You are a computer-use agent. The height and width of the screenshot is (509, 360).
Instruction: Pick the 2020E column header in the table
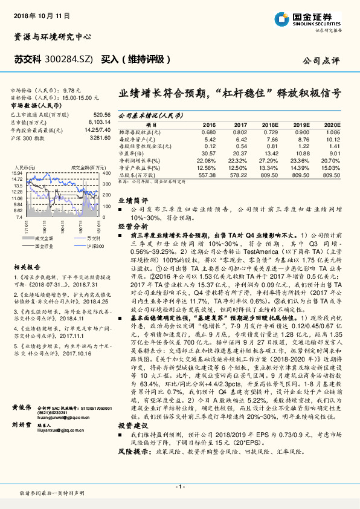pyautogui.click(x=332, y=123)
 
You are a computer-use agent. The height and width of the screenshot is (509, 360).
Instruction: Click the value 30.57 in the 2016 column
pyautogui.click(x=207, y=153)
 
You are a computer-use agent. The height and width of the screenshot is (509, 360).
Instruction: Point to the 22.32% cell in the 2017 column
pyautogui.click(x=240, y=160)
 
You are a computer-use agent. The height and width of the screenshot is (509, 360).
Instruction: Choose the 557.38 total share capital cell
pyautogui.click(x=207, y=174)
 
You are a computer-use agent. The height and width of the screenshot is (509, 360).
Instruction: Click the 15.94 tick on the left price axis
pyautogui.click(x=16, y=173)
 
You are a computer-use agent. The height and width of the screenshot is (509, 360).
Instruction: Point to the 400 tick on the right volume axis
pyautogui.click(x=104, y=173)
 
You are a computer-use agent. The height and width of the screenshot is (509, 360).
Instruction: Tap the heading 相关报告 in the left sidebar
pyautogui.click(x=27, y=267)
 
